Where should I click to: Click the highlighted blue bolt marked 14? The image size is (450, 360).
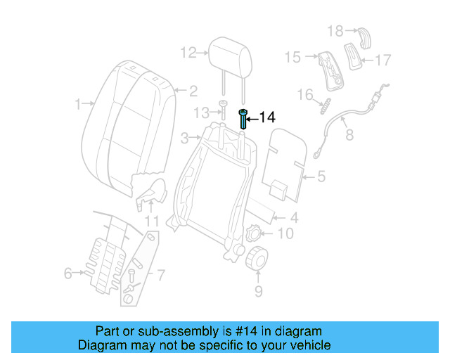[x=243, y=119]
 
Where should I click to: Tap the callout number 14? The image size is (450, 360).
[x=267, y=117]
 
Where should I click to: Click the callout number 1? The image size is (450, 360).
[x=78, y=105]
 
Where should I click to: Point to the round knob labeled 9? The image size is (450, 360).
[x=255, y=259]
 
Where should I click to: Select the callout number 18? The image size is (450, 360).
[x=335, y=30]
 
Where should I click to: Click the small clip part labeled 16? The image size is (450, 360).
[x=325, y=108]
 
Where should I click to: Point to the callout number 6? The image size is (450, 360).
[x=68, y=273]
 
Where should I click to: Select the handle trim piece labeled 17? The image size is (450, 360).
[x=352, y=55]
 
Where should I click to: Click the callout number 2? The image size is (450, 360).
[x=192, y=90]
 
